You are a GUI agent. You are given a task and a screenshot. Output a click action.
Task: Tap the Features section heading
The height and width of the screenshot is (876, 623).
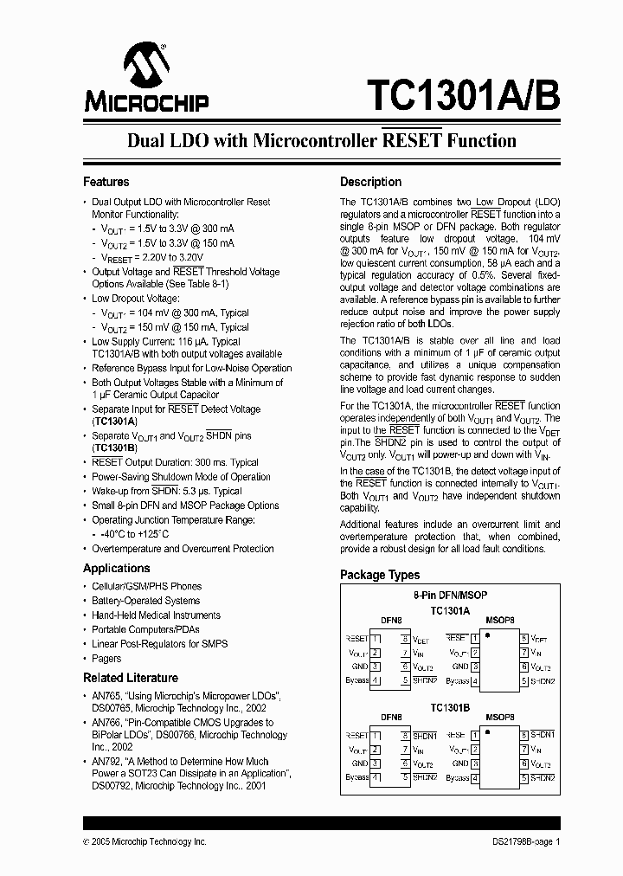(x=106, y=182)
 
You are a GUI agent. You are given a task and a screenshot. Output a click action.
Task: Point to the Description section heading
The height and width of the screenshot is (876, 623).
(x=370, y=182)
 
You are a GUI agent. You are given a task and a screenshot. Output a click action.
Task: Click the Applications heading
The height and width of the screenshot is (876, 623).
(x=116, y=568)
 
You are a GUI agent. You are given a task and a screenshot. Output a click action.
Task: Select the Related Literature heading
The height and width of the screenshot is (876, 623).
(x=130, y=678)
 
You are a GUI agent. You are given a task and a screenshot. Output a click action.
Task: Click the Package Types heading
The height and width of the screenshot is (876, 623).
(x=379, y=575)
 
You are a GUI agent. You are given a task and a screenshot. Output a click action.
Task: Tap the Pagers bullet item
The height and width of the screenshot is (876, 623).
(x=106, y=659)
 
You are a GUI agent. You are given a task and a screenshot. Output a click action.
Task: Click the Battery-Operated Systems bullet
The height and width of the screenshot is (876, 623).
(x=145, y=601)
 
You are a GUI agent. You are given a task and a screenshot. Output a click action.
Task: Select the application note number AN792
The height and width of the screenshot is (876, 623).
(x=106, y=762)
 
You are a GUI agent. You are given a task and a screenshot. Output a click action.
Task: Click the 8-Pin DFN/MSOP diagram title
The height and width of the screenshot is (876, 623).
(x=450, y=596)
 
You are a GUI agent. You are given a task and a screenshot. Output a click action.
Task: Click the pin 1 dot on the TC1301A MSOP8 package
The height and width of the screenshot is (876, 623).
(x=487, y=636)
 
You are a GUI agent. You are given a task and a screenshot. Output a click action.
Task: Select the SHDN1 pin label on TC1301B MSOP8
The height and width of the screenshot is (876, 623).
(x=543, y=734)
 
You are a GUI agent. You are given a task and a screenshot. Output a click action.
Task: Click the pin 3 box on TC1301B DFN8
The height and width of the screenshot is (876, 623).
(x=376, y=763)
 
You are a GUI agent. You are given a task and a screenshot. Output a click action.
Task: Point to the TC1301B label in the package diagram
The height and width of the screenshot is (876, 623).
(x=450, y=706)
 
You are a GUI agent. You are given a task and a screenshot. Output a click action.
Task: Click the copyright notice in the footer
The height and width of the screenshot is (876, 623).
(x=145, y=841)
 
